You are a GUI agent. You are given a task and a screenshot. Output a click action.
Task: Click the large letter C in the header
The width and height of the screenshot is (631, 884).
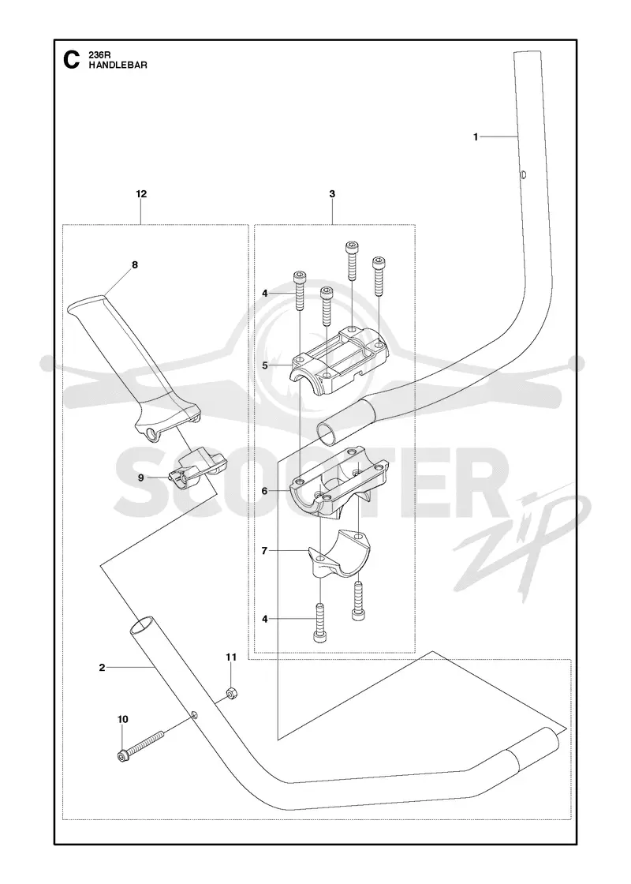tap(71, 60)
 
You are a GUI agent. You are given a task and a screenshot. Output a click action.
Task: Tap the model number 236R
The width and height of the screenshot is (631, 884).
tap(97, 55)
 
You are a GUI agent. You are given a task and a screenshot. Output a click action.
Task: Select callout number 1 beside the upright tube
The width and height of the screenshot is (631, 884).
tap(476, 137)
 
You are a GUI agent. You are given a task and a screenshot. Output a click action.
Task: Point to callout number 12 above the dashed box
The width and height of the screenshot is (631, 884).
tap(141, 194)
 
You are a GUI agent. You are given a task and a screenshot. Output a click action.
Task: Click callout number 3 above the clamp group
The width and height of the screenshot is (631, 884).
tap(332, 194)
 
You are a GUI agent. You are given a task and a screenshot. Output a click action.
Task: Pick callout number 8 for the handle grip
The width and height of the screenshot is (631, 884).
tap(135, 264)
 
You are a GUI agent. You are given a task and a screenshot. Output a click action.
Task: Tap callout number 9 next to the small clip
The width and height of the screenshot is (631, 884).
tap(141, 478)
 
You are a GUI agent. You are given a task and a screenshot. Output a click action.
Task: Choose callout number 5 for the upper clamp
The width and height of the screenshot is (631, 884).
tap(265, 365)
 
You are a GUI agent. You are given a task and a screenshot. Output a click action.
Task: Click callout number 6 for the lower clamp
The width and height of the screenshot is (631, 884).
tap(264, 491)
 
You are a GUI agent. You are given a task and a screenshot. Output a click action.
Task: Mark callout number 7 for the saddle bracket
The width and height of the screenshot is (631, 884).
tap(264, 551)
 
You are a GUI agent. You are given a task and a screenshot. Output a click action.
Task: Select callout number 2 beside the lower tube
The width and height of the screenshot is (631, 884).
tap(102, 668)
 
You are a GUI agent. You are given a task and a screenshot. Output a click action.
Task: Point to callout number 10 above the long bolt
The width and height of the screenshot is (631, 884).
tap(123, 719)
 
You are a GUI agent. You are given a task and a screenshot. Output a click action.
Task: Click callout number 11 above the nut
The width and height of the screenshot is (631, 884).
tap(232, 657)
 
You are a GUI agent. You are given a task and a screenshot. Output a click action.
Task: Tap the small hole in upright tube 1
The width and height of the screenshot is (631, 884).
tap(524, 174)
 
